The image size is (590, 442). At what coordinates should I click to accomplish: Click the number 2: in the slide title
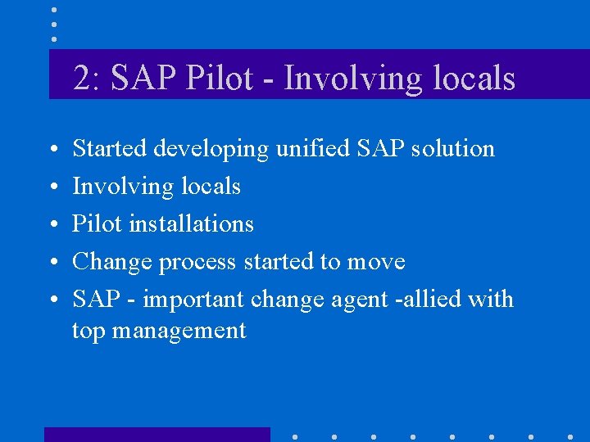coord(87,79)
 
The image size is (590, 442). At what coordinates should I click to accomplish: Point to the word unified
coord(306,148)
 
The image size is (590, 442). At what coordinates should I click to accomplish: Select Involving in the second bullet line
coord(120,187)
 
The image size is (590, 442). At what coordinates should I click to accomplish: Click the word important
coord(193,300)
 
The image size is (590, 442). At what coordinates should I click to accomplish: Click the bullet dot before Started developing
coord(53,151)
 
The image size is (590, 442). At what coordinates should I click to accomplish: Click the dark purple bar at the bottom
coord(157,434)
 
